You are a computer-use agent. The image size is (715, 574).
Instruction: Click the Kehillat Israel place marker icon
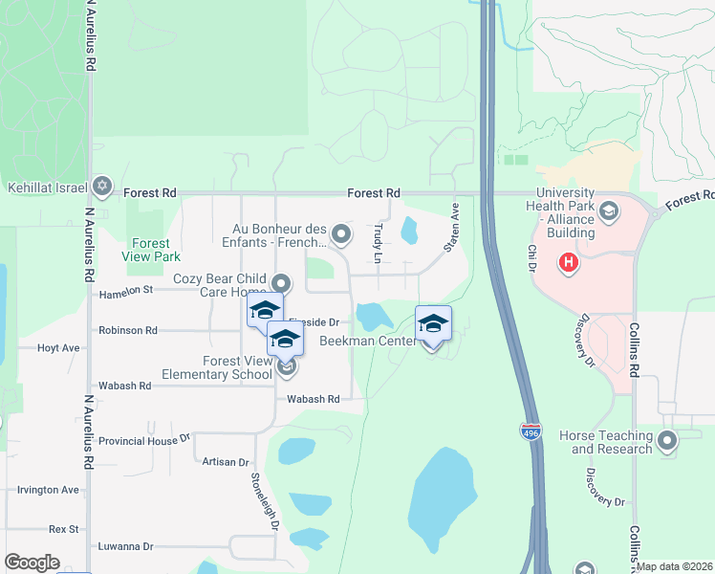tap(103, 187)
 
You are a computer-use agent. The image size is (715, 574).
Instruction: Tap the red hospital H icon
tap(569, 261)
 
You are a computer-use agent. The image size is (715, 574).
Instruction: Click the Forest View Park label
tap(151, 250)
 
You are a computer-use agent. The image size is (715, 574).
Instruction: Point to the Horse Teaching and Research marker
tap(667, 441)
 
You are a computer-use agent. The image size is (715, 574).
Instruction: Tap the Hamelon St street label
tap(125, 289)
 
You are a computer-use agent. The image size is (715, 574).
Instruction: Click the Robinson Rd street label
tap(128, 330)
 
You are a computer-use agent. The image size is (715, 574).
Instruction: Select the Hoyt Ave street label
tap(57, 348)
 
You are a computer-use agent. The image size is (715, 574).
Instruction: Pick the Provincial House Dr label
tap(144, 441)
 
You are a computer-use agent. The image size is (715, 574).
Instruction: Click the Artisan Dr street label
tap(226, 461)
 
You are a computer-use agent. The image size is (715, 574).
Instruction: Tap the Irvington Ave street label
tap(48, 489)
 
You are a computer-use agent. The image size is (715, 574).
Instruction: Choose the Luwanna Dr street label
tap(125, 546)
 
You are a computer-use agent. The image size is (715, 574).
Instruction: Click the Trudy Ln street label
tap(379, 244)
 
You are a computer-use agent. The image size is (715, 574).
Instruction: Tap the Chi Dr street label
tap(532, 258)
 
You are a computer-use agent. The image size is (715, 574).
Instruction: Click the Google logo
tap(32, 563)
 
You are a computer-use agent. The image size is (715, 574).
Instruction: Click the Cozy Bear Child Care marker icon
tap(281, 283)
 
